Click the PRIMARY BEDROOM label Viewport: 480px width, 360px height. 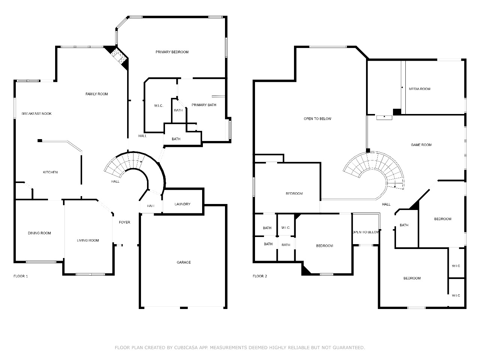172,52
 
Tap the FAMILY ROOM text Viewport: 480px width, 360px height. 97,94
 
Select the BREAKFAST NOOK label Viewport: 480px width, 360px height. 36,114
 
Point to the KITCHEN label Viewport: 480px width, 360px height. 50,172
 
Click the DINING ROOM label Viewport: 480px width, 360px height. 39,233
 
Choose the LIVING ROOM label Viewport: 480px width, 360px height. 88,240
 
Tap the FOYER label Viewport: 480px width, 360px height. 124,222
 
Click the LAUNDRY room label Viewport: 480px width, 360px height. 182,204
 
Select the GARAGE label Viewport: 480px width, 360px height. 184,262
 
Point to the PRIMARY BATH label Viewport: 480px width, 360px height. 204,105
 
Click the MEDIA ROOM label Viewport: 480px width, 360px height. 419,89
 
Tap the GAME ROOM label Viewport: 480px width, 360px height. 421,145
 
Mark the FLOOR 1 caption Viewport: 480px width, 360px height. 21,276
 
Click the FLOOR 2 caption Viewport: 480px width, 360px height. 260,276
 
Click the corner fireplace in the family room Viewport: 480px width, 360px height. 118,57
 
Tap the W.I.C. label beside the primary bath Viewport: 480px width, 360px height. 159,106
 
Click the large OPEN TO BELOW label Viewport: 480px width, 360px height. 317,119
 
